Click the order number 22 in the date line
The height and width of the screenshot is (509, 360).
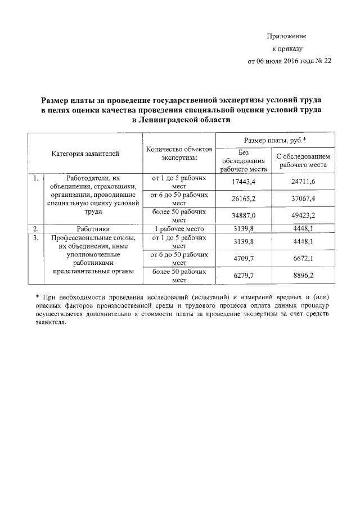coord(327,61)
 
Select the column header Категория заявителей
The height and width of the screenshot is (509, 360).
coord(86,153)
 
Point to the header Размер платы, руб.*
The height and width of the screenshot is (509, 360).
coord(274,139)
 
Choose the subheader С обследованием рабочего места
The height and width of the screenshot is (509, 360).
coord(303,160)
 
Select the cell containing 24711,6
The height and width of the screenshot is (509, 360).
coord(303,182)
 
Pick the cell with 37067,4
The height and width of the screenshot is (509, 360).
coord(303,199)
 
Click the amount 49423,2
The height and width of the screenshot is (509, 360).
coord(303,215)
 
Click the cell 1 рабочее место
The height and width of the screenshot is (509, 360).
coord(179,229)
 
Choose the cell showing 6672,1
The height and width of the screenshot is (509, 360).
coord(303,258)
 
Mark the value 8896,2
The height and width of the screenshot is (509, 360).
coord(303,275)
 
